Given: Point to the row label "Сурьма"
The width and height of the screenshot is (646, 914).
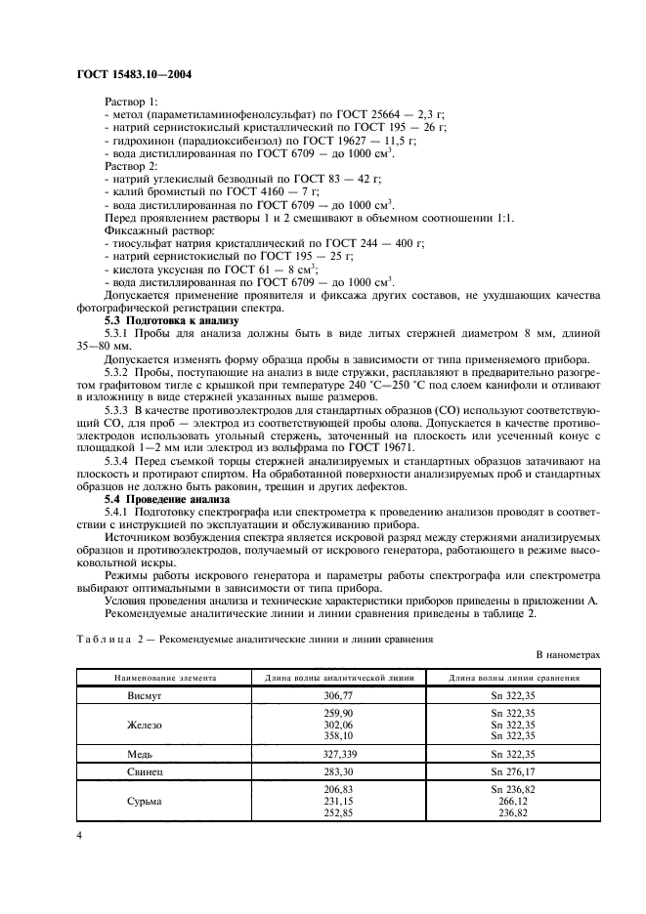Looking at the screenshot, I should pyautogui.click(x=146, y=801).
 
